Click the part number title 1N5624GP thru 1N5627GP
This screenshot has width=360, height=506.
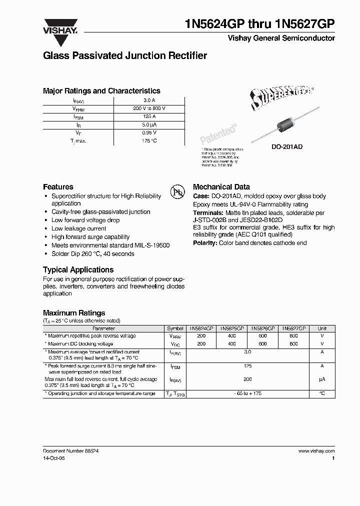[x=259, y=24]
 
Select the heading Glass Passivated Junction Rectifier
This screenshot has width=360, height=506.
[x=125, y=56]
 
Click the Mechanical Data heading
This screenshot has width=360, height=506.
[x=221, y=186]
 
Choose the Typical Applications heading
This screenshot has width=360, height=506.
[x=78, y=269]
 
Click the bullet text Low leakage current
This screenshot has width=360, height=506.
[x=78, y=228]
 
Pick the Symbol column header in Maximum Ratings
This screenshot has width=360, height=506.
[x=175, y=328]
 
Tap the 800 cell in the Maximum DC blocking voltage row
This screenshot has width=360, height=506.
[x=293, y=344]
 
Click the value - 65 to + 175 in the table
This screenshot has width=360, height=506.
[x=247, y=393]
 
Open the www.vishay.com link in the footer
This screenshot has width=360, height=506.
[x=316, y=451]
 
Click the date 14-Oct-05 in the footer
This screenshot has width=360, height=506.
[x=54, y=458]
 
